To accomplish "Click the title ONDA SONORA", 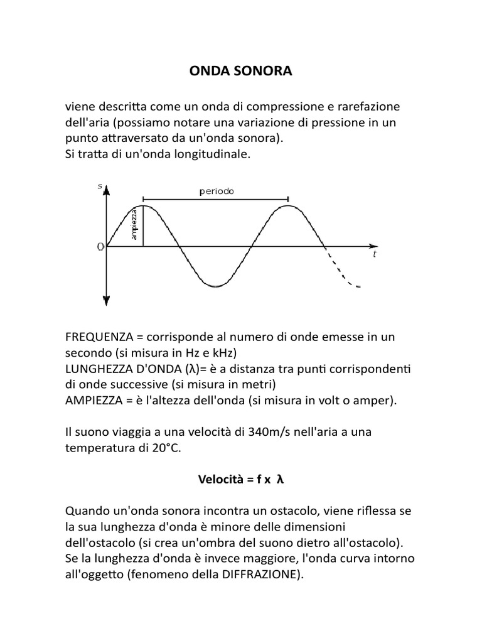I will coord(241,72).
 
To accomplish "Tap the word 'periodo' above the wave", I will coord(217,192).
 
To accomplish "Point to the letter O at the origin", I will coord(100,247).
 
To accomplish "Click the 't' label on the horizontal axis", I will coord(375,255).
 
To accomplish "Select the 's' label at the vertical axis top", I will coord(100,186).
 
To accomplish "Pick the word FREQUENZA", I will coord(99,337).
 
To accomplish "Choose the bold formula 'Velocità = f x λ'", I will coord(241,480).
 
